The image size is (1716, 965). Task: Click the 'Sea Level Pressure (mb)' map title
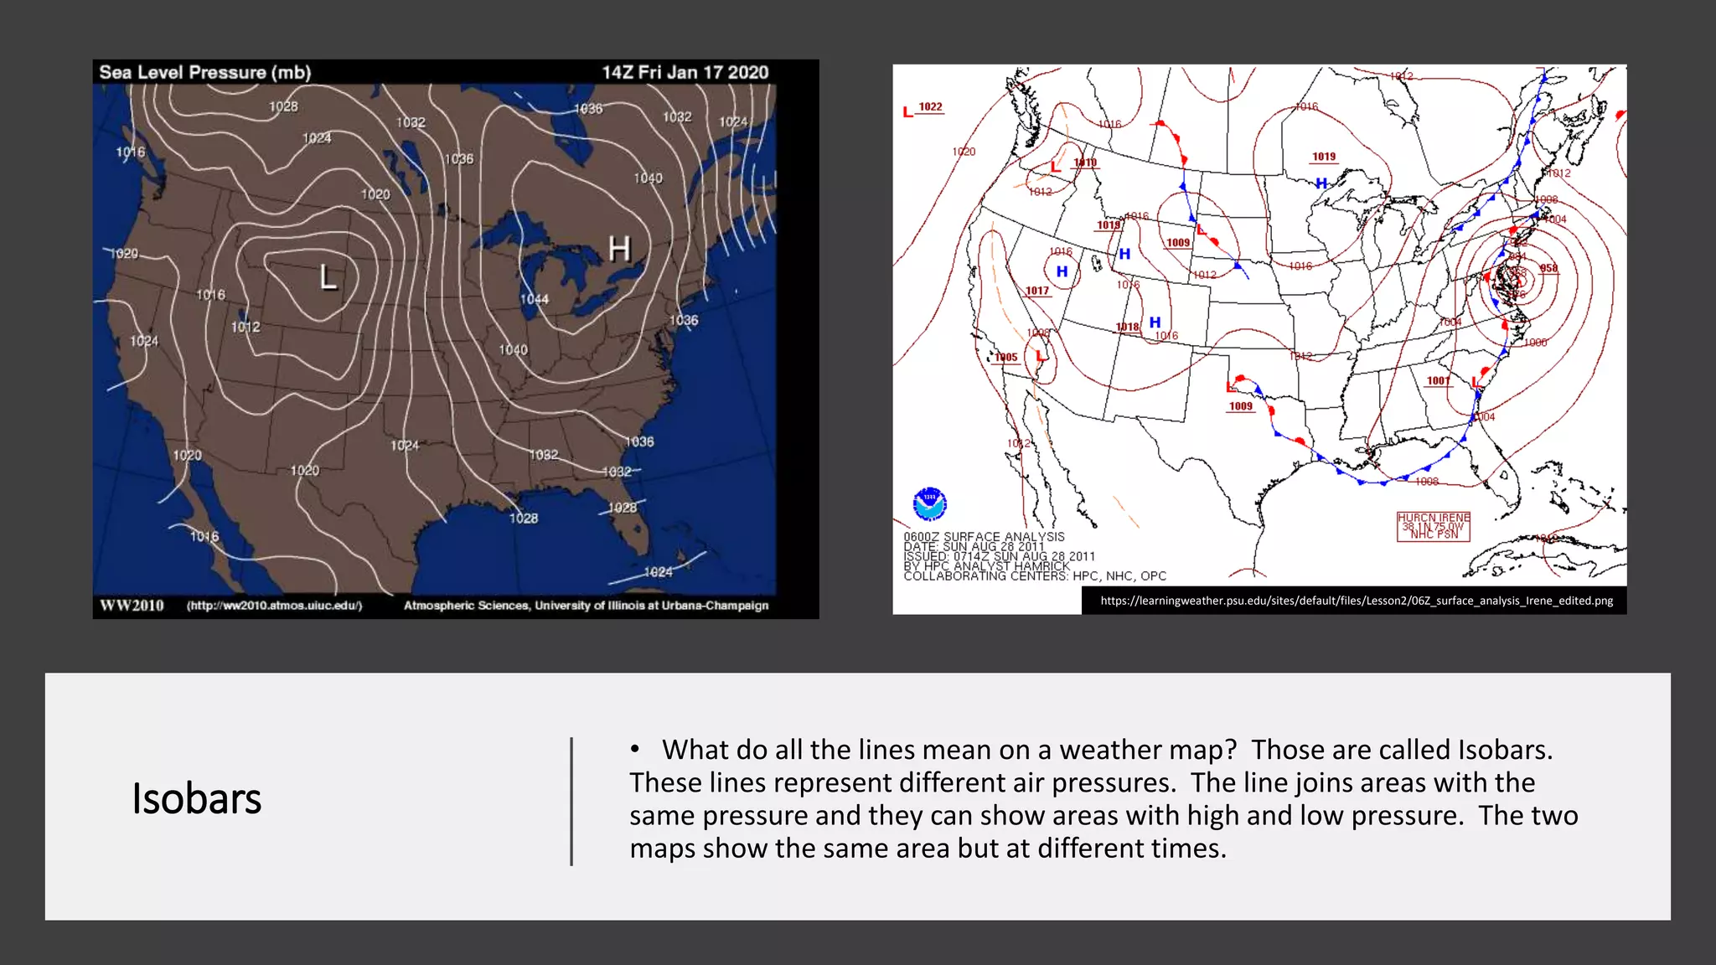pos(205,72)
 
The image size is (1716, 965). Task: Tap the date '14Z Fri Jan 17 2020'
pos(685,72)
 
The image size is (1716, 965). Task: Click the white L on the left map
pos(328,276)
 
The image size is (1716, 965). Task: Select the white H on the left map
pos(619,249)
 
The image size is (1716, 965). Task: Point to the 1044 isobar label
pos(535,299)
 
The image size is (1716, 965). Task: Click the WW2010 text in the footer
pos(132,606)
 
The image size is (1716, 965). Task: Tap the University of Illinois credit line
pos(586,606)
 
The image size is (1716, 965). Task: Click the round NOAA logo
pos(929,503)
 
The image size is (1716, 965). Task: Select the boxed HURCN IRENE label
pos(1434,526)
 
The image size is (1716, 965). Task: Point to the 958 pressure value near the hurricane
pos(1548,268)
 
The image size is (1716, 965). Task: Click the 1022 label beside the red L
pos(931,107)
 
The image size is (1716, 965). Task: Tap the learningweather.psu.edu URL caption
pos(1356,601)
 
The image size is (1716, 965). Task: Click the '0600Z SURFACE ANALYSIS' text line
pos(984,537)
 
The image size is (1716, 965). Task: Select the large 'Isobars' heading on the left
pos(197,798)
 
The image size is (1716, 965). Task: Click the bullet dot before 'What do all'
pos(636,749)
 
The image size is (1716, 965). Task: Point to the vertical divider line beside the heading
pos(571,801)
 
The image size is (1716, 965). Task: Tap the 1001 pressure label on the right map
pos(1438,380)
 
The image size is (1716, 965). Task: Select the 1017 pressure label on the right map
pos(1037,291)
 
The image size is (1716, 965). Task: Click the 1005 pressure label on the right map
pos(1006,357)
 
